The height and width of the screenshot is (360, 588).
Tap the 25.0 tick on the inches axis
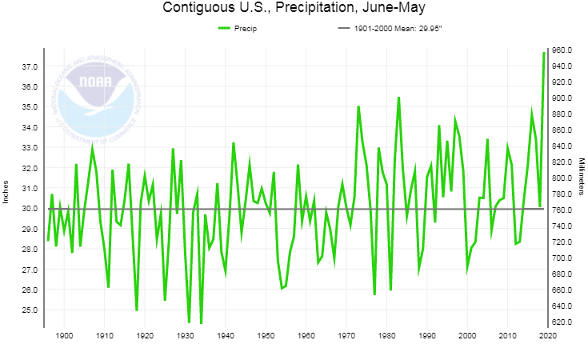pyautogui.click(x=30, y=310)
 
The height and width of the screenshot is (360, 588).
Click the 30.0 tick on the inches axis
pyautogui.click(x=30, y=209)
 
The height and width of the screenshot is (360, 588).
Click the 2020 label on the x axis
pyautogui.click(x=547, y=336)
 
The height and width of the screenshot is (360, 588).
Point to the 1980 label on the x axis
pyautogui.click(x=386, y=336)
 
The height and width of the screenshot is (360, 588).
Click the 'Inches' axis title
pyautogui.click(x=6, y=190)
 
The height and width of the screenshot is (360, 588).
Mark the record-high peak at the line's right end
pyautogui.click(x=544, y=54)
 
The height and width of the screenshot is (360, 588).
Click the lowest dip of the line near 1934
pyautogui.click(x=201, y=323)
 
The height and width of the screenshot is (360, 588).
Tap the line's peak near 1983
pyautogui.click(x=398, y=98)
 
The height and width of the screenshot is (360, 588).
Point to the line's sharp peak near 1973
pyautogui.click(x=358, y=106)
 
